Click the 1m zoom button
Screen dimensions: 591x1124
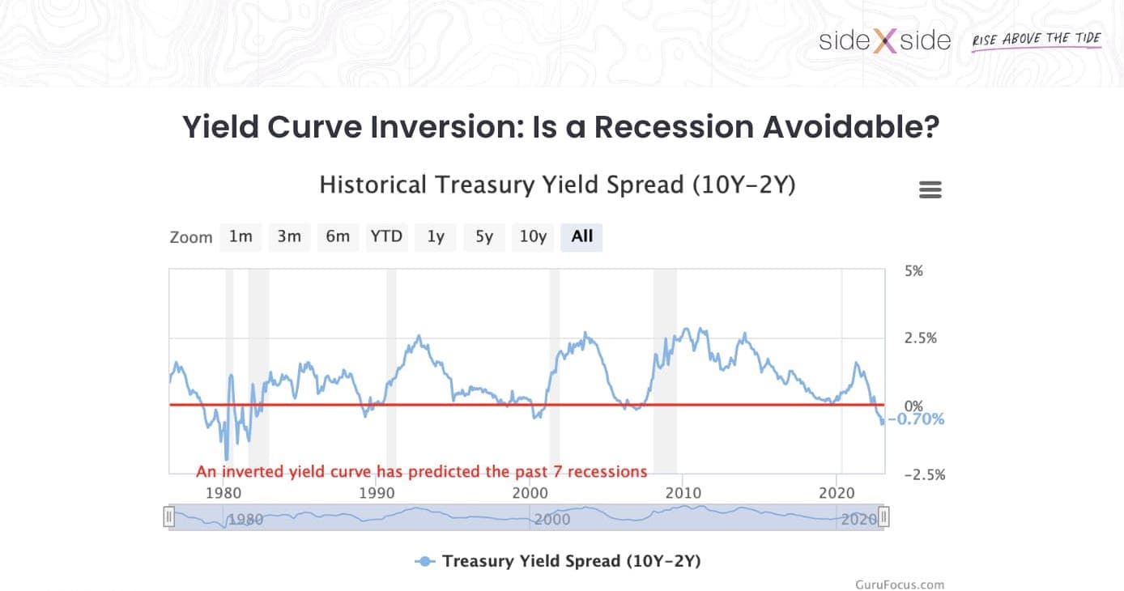click(241, 236)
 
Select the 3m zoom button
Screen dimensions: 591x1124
click(289, 236)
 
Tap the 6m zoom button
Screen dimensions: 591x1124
click(338, 236)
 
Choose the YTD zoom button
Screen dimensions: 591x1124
click(386, 236)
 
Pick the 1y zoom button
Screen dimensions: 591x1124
click(436, 236)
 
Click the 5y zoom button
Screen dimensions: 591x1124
click(484, 236)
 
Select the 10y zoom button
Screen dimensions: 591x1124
click(533, 236)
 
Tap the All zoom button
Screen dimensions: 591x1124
click(581, 236)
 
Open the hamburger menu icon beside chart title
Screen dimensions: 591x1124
click(930, 189)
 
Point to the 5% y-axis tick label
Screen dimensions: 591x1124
click(913, 270)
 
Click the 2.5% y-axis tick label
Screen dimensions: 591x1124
click(920, 338)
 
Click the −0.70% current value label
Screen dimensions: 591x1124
click(917, 419)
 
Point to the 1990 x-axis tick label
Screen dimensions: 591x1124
click(376, 492)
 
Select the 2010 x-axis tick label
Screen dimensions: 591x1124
click(683, 492)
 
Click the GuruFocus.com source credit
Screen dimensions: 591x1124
click(900, 585)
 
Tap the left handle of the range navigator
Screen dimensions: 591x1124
click(169, 517)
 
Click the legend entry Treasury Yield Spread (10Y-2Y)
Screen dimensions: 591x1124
click(571, 561)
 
